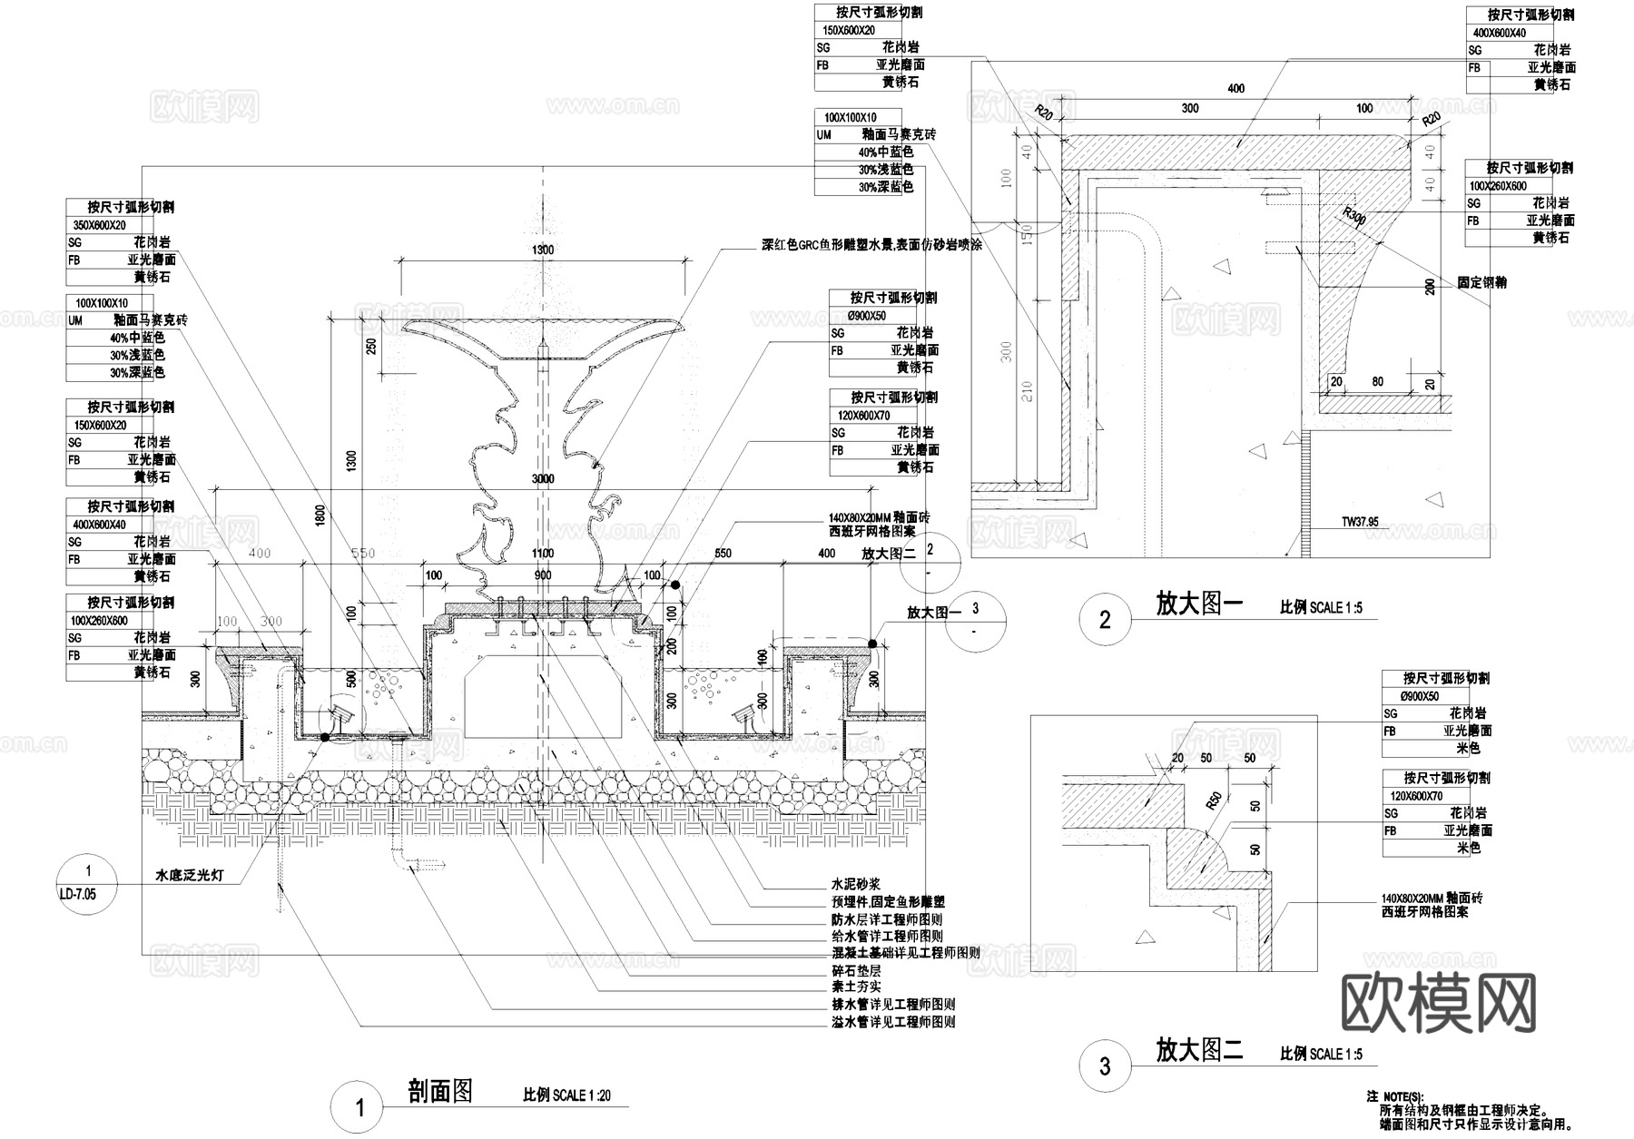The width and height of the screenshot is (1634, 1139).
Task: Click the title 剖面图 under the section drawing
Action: click(x=441, y=1091)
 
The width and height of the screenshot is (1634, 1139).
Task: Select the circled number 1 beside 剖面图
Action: click(x=359, y=1107)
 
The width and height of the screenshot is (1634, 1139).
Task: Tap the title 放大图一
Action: click(x=1198, y=604)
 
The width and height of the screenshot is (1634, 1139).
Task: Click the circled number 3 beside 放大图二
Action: click(x=1104, y=1065)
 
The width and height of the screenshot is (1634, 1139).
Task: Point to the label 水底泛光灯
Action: click(x=190, y=876)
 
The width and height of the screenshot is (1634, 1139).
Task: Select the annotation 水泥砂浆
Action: click(x=856, y=884)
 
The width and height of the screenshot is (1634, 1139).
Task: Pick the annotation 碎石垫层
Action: click(x=856, y=970)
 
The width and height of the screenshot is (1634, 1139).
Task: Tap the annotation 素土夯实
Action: click(x=856, y=987)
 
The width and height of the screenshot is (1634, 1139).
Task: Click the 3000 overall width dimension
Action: click(x=543, y=479)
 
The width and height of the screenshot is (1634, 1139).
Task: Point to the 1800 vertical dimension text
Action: click(x=320, y=515)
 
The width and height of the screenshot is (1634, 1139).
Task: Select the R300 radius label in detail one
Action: click(x=1354, y=215)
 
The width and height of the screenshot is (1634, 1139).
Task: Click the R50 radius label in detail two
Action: click(x=1214, y=800)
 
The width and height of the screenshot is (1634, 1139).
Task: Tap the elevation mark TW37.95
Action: click(x=1360, y=522)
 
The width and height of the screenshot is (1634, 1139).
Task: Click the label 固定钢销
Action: click(x=1481, y=282)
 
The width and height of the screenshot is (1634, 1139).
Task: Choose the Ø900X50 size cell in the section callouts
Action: click(x=867, y=316)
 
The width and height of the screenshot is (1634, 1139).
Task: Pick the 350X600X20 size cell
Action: click(x=100, y=225)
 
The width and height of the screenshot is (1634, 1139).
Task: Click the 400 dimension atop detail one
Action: click(x=1235, y=89)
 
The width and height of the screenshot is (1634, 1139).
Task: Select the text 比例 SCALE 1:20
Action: click(x=566, y=1095)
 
